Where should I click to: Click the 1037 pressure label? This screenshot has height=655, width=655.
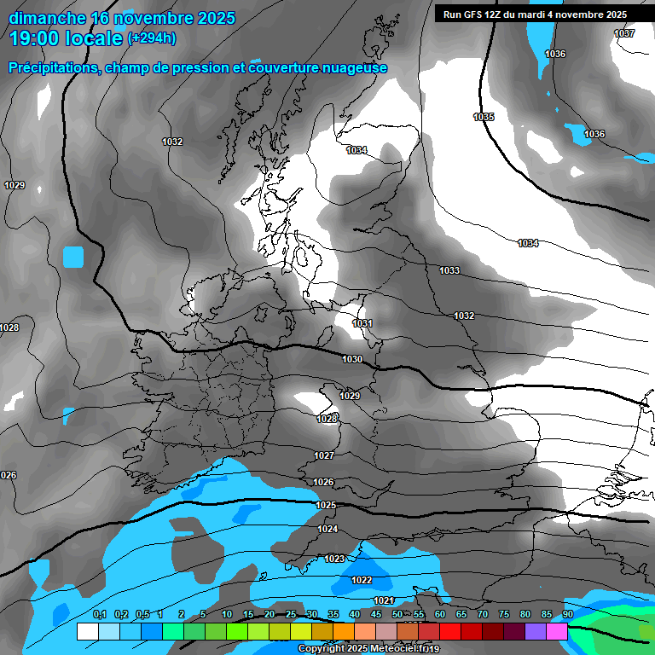(624, 33)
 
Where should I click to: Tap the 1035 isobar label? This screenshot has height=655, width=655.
(484, 117)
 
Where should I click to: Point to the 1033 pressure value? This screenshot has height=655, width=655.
(449, 270)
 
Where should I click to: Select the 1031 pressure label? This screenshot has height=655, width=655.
(362, 323)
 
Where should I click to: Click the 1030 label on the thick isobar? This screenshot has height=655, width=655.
(352, 359)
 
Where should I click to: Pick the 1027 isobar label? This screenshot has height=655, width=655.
(324, 456)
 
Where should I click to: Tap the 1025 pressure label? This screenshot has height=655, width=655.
(326, 505)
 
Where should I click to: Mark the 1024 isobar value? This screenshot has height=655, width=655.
(327, 529)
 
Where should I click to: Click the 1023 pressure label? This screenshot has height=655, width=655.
(334, 559)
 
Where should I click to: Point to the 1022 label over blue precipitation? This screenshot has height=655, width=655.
(362, 580)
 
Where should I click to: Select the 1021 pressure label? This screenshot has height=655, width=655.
(384, 600)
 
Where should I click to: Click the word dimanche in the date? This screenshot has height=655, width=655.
(47, 18)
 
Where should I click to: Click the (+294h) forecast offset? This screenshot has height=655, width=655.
(152, 38)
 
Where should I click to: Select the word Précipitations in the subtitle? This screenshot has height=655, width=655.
(53, 67)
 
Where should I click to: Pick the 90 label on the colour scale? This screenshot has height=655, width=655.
(567, 614)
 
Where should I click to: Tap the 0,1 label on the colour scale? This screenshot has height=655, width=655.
(100, 614)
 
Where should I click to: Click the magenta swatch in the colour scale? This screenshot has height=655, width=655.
(557, 631)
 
